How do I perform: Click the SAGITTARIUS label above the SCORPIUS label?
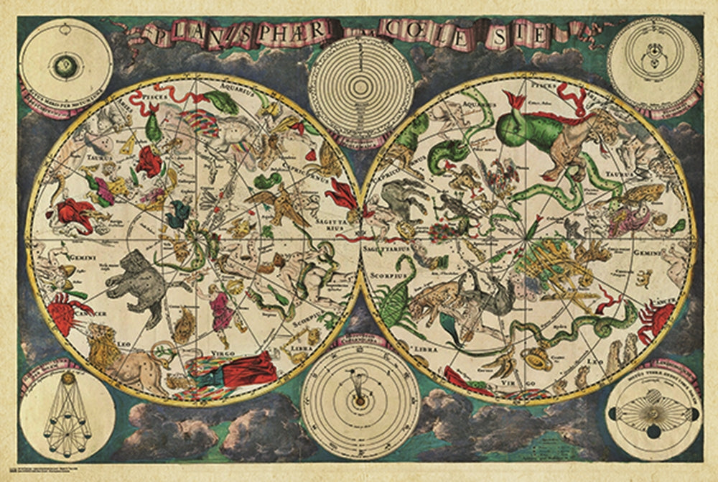tap(391, 251)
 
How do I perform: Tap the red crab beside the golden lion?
tap(69, 313)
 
